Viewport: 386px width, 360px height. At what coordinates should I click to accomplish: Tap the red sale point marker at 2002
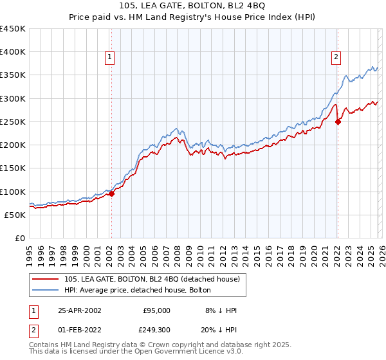pos(111,194)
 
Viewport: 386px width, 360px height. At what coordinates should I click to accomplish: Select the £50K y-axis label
pos(15,215)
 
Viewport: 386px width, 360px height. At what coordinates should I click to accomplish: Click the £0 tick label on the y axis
pos(20,238)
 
